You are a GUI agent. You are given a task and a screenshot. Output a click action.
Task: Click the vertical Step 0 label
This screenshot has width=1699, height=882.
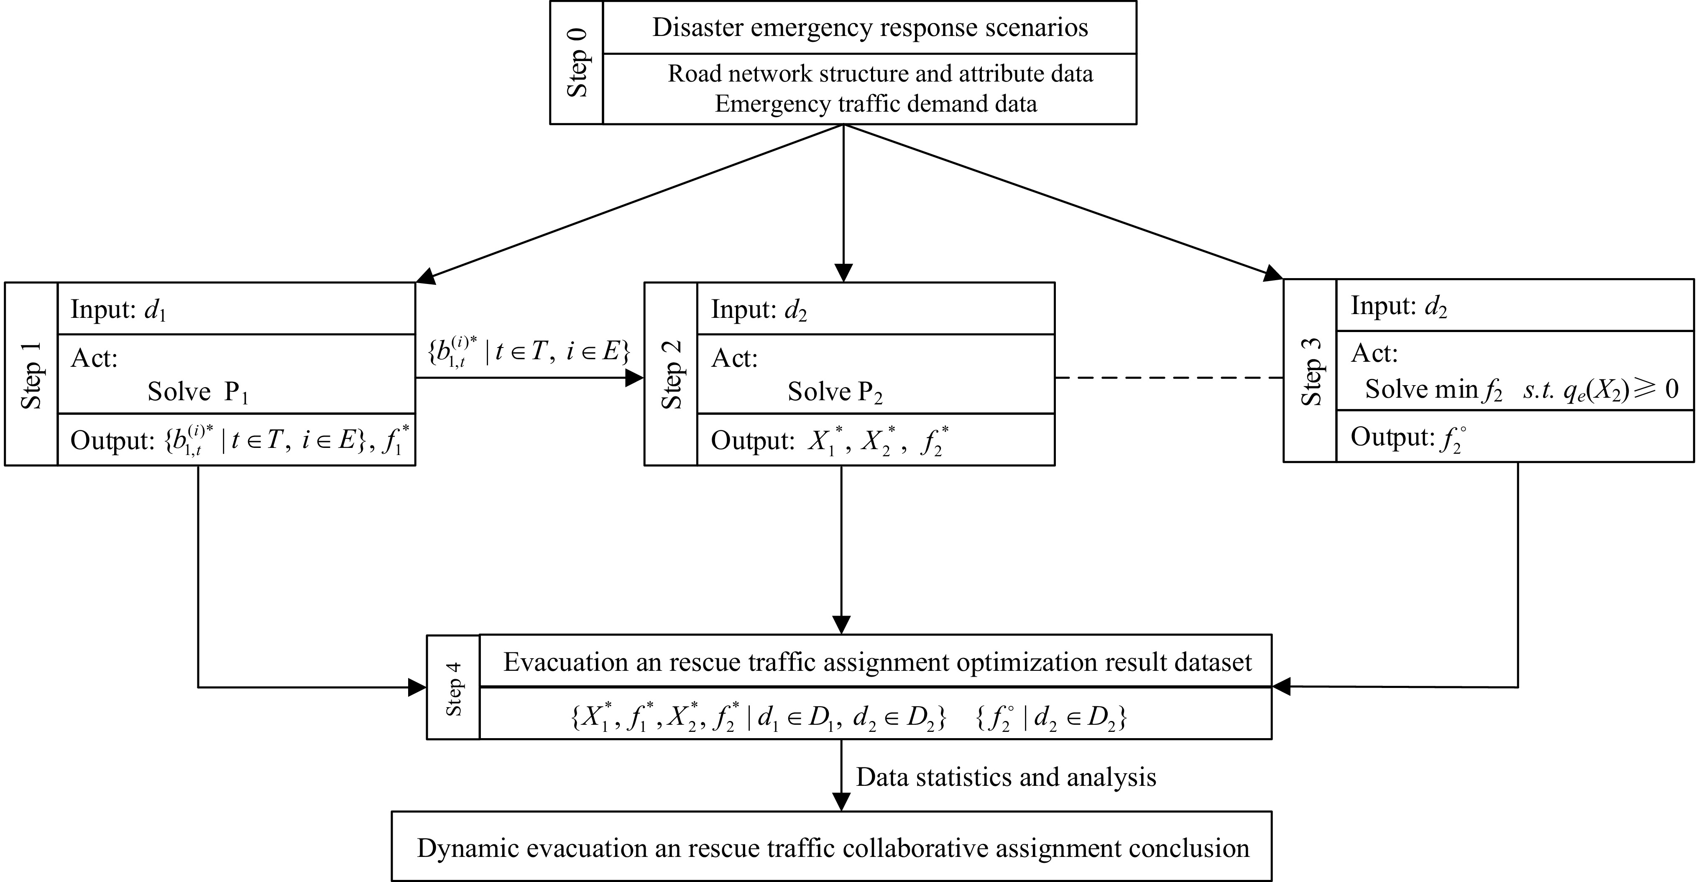(577, 63)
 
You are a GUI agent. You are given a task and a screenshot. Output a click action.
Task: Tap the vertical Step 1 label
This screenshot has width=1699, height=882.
(31, 375)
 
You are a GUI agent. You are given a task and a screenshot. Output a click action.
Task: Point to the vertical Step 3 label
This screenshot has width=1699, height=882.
(1311, 371)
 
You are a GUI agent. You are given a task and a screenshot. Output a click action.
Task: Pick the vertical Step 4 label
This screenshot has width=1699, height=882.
(453, 688)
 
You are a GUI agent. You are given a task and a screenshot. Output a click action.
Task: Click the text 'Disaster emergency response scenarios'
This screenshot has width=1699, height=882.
(870, 28)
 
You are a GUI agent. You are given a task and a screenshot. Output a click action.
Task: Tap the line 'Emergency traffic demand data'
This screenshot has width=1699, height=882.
(875, 104)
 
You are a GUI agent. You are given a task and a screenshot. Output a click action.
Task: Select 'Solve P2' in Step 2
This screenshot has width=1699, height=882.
(834, 392)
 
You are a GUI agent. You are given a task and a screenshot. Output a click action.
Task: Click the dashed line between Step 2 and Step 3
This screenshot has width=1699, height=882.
(1169, 378)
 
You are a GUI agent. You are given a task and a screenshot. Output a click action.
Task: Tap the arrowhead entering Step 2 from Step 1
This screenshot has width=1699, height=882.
(634, 378)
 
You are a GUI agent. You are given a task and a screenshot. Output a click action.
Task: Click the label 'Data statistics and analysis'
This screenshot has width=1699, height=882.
(1006, 777)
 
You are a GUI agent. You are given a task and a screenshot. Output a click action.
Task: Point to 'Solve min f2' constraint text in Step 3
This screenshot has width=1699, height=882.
(1521, 389)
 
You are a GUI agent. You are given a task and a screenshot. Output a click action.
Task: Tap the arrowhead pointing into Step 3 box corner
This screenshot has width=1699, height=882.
(1274, 274)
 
